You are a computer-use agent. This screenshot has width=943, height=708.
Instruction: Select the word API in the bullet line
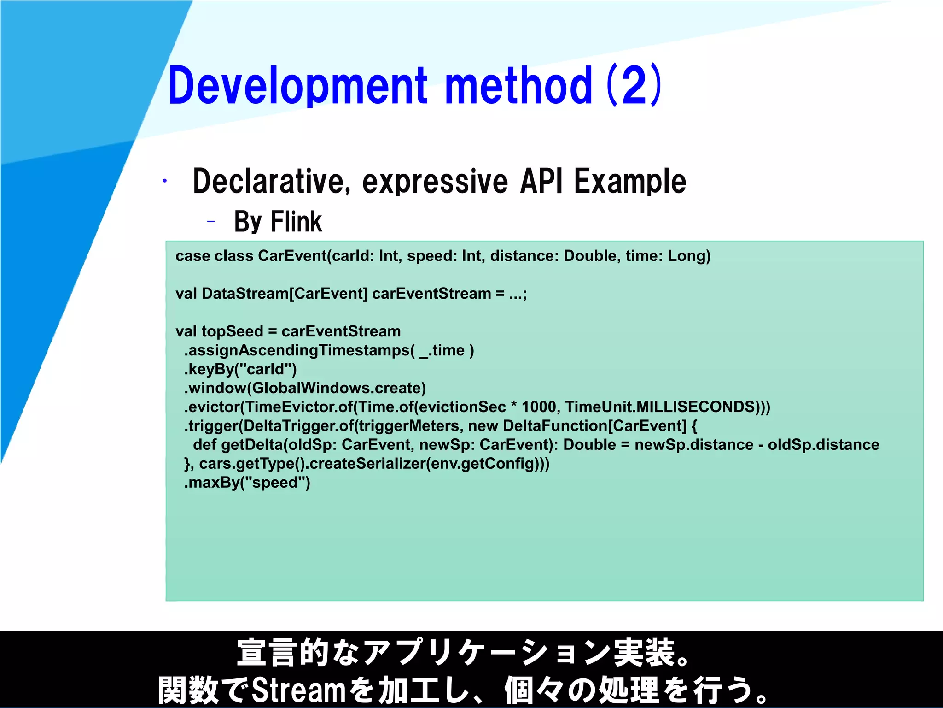[541, 181]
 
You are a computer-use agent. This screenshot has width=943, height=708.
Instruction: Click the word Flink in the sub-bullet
[296, 222]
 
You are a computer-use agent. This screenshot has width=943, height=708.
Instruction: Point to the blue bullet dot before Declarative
[164, 181]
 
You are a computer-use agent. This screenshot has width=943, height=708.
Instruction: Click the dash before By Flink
[211, 222]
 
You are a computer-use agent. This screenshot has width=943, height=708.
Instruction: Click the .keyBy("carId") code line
[240, 369]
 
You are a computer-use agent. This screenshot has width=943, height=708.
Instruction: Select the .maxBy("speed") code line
[247, 483]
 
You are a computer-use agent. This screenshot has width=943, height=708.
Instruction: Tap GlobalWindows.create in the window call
[337, 388]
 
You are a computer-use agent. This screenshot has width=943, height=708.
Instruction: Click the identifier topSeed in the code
[232, 331]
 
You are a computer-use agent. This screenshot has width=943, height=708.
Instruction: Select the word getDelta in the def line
[251, 445]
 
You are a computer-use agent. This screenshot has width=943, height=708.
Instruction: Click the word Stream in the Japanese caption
[298, 690]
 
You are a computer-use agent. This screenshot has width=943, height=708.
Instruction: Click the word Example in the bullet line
[629, 181]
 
